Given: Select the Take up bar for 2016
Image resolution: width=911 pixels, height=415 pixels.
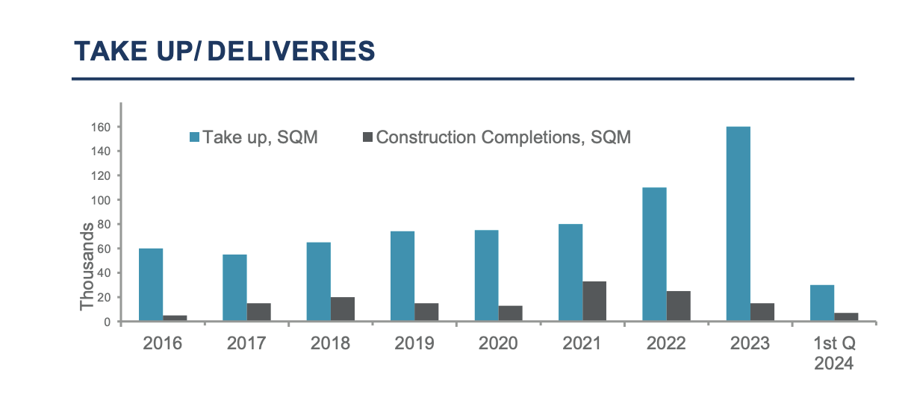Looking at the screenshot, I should (x=151, y=284).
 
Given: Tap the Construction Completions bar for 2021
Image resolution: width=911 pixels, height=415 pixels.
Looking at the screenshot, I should (x=594, y=302).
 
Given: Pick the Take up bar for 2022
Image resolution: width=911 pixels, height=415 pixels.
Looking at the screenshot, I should (x=654, y=254).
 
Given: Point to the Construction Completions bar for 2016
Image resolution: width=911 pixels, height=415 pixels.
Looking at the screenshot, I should (x=175, y=318).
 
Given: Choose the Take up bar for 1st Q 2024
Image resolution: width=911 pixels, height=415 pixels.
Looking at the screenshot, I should (x=822, y=303).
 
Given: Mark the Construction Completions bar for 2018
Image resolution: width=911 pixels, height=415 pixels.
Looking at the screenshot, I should (x=343, y=309).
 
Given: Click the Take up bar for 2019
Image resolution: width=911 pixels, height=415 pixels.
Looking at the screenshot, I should (x=402, y=276).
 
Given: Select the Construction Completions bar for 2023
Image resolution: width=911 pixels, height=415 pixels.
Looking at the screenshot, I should (x=762, y=312).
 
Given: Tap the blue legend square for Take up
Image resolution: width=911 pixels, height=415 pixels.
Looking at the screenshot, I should (x=195, y=137).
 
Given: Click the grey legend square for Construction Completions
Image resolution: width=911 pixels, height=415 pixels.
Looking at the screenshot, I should (x=367, y=137).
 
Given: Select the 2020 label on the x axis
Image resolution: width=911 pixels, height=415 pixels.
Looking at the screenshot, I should (x=498, y=344).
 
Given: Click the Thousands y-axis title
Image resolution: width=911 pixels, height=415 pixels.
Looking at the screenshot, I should (x=88, y=266).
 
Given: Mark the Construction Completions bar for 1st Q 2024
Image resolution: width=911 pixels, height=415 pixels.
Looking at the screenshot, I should (x=846, y=317).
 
